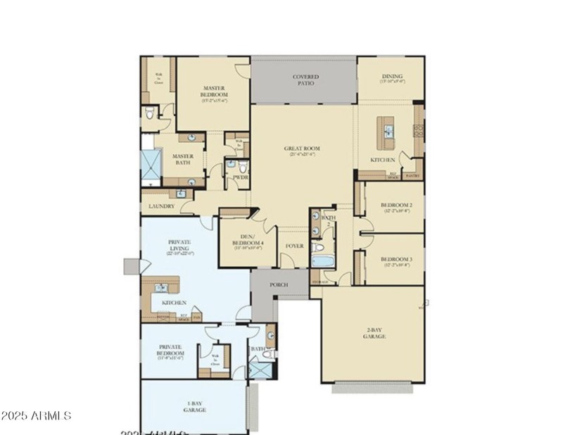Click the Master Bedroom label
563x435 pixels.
213,92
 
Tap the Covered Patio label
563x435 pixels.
305,80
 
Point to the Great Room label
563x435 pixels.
302,149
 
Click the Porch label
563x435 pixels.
279,285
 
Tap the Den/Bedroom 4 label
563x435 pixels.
247,241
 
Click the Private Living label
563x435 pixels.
180,246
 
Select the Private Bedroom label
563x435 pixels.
170,350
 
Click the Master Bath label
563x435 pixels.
183,160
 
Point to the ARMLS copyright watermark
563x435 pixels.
37,415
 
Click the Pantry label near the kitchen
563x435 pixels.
412,175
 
